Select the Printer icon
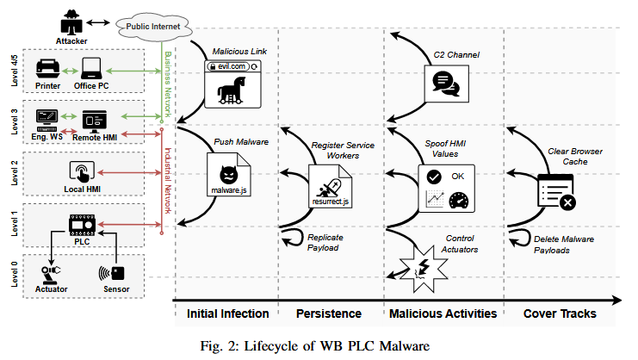[x=49, y=68]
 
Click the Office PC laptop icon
[x=92, y=68]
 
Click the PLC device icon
[x=83, y=227]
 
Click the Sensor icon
[x=114, y=272]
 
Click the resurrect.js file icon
[x=331, y=182]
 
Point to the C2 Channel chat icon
[x=444, y=83]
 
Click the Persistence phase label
[x=328, y=313]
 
